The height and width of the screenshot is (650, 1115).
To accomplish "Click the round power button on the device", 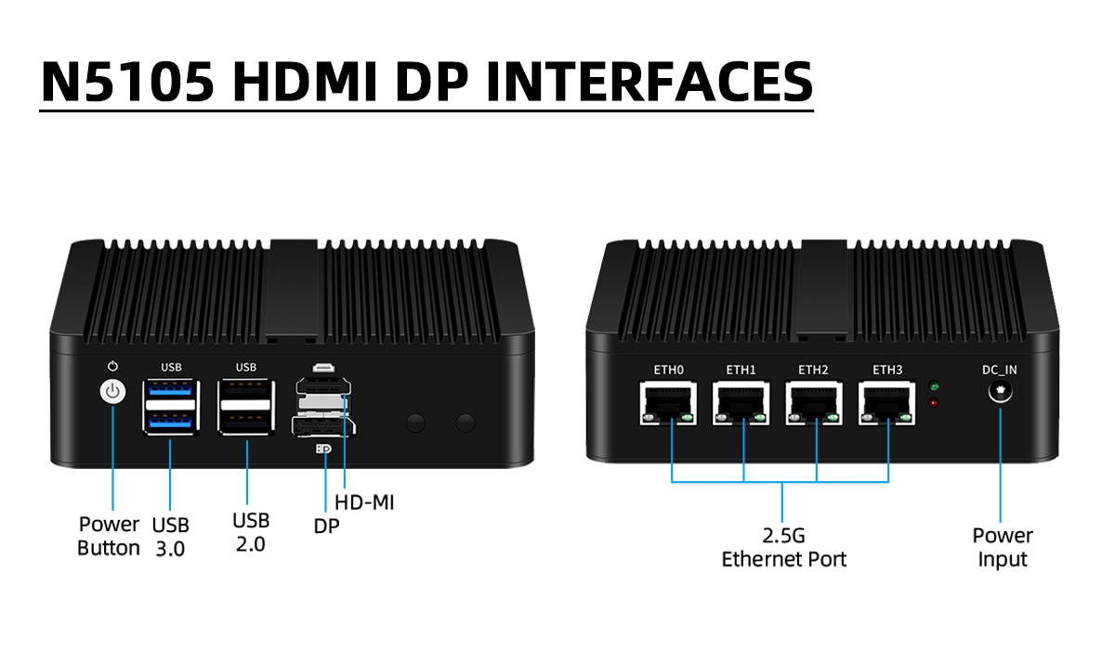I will [x=112, y=392].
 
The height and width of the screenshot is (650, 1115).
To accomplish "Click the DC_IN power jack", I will [x=1000, y=392].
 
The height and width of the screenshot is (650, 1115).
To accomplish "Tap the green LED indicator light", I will [x=934, y=386].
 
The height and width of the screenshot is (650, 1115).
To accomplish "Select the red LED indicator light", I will [x=934, y=403].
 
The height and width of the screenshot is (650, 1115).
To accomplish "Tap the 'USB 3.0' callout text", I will [x=170, y=537].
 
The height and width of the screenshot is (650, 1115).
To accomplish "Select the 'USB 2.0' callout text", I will [x=251, y=531].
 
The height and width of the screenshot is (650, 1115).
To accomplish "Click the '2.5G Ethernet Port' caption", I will [x=784, y=548].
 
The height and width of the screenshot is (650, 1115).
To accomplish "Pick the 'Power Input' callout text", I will [x=1003, y=548].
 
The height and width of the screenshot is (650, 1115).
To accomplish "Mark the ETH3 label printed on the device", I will [x=887, y=370].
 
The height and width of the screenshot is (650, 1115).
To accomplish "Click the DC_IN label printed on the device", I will [x=1000, y=370].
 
